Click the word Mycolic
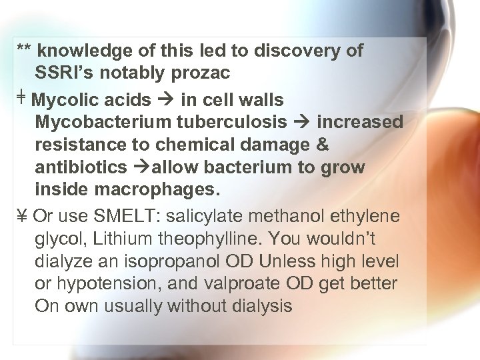tap(63, 101)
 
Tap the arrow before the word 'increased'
tap(306, 123)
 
